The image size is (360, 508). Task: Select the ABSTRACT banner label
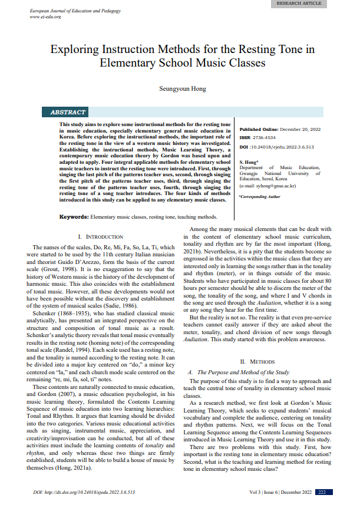(68, 112)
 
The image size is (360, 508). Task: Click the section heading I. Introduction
(95, 236)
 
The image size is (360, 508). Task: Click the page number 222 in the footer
(322, 491)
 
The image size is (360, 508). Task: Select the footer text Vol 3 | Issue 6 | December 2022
(280, 491)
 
